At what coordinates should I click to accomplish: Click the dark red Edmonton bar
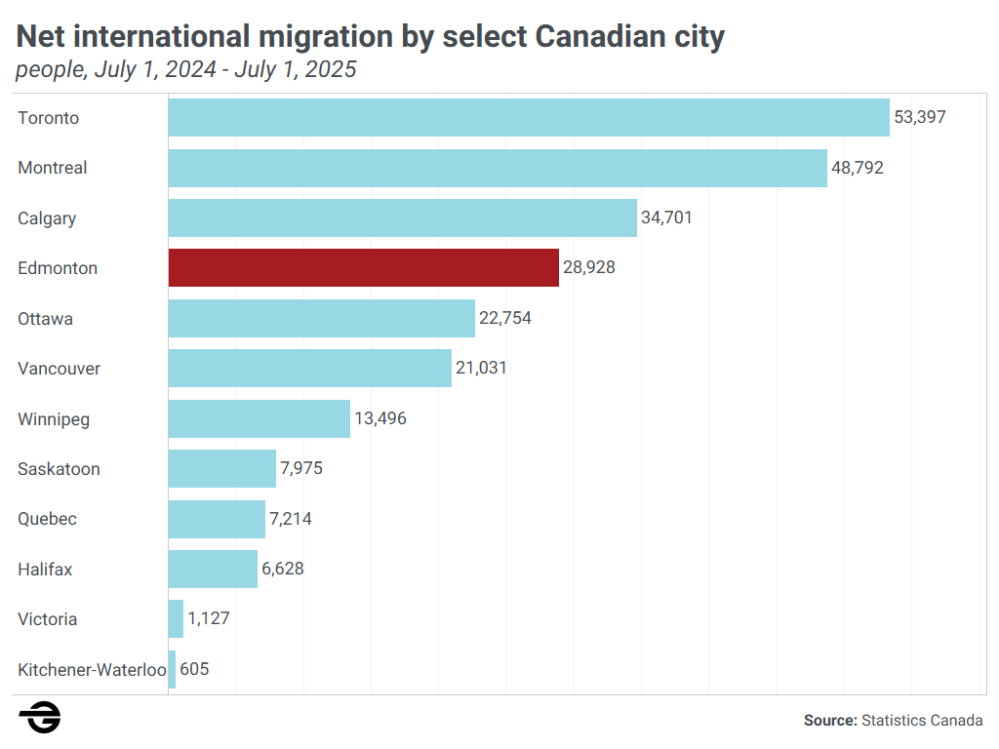click(x=363, y=267)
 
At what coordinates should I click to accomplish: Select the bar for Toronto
click(x=529, y=117)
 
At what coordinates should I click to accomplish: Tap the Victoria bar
click(x=176, y=619)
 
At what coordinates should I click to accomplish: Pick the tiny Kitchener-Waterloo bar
click(x=172, y=669)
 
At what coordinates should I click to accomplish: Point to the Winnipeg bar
click(x=259, y=418)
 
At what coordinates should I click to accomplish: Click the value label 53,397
click(x=920, y=117)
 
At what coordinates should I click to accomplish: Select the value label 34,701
click(x=666, y=217)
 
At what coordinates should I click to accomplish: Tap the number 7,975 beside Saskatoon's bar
click(x=301, y=468)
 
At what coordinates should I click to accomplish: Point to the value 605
click(x=194, y=669)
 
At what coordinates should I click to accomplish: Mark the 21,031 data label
click(x=481, y=368)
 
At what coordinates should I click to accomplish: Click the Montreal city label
click(x=53, y=168)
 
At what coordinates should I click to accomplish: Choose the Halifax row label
click(x=45, y=569)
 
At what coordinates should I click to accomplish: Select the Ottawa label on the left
click(x=45, y=318)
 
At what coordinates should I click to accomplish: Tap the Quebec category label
click(x=47, y=519)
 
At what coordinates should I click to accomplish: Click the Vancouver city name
click(x=59, y=368)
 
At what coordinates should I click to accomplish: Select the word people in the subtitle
click(x=48, y=70)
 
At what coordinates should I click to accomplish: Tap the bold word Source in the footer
click(x=829, y=721)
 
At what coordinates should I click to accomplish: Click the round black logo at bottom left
click(x=39, y=719)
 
